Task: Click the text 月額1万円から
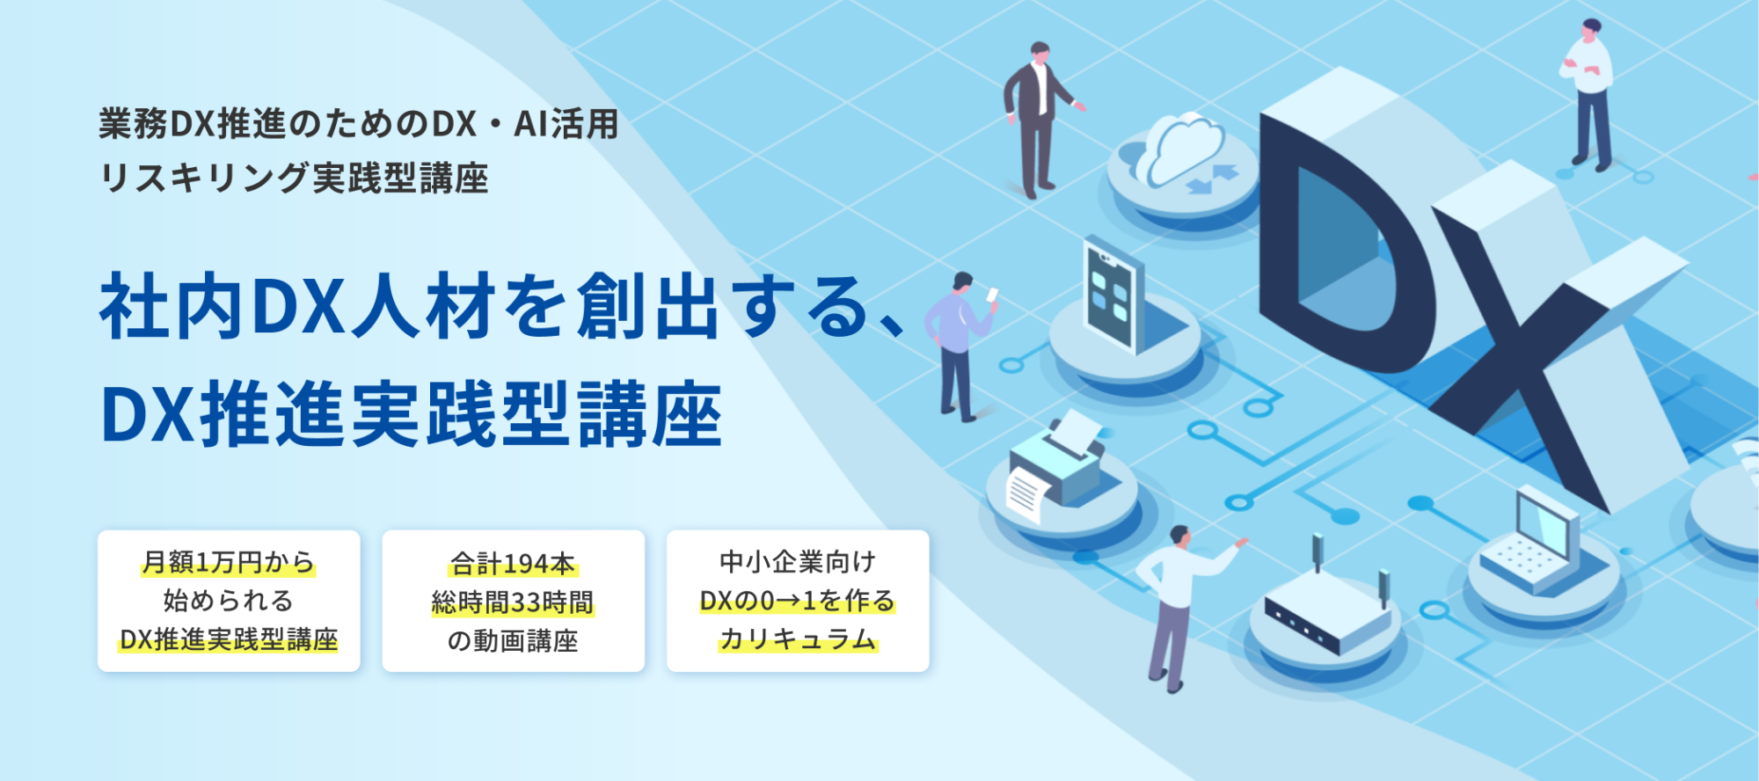pos(228,562)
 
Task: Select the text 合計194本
pos(513,563)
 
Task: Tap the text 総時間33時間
pos(513,602)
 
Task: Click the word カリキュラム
pos(798,639)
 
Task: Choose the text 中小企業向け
pos(798,562)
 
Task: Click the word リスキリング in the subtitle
pos(205,179)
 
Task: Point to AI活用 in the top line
pos(566,124)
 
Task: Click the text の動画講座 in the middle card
pos(513,641)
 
